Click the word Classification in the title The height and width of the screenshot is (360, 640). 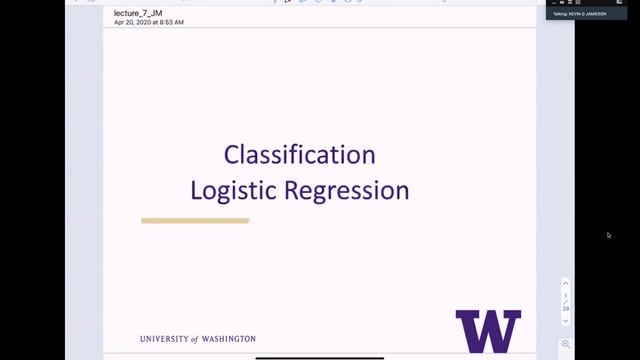click(299, 155)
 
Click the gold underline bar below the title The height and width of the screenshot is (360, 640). click(195, 221)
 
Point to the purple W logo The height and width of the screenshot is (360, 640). click(488, 331)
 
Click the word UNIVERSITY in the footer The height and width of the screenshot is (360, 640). click(169, 339)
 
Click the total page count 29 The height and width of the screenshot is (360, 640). click(566, 309)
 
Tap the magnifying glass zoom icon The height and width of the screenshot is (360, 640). click(566, 344)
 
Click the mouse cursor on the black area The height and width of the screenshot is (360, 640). click(609, 235)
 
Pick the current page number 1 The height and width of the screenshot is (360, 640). click(566, 296)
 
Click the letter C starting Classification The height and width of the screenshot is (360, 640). click(231, 155)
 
